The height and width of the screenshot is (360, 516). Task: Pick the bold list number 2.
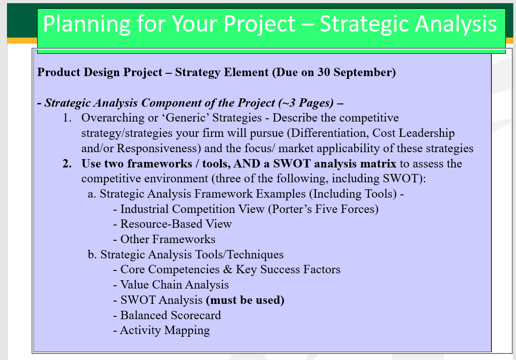click(67, 164)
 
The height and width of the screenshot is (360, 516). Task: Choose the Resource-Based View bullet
click(175, 224)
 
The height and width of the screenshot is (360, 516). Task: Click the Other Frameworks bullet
click(168, 239)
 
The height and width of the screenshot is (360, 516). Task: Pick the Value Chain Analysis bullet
click(174, 285)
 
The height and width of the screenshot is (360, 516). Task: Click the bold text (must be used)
click(245, 300)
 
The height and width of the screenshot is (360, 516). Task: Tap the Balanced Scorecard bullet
click(170, 315)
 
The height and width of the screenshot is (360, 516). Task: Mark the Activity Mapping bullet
click(165, 330)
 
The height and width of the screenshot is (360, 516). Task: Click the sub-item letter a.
click(91, 194)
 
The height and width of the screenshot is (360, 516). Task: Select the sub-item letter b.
click(91, 255)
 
